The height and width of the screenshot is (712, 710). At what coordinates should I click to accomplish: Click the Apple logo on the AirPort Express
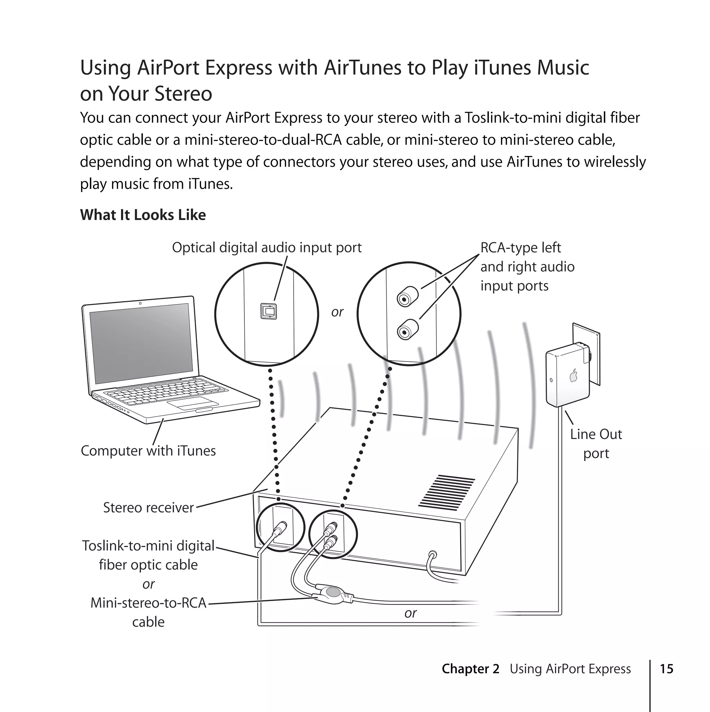[x=573, y=376]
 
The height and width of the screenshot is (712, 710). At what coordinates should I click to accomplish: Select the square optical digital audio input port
[x=268, y=311]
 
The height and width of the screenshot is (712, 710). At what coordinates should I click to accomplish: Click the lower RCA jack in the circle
[x=407, y=330]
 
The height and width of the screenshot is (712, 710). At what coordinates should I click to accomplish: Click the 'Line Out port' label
[x=596, y=444]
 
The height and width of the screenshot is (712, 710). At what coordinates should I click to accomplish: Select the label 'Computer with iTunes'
[x=148, y=451]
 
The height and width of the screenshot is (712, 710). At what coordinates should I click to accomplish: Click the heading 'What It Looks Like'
[x=143, y=215]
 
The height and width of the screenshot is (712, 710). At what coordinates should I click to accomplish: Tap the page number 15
[x=666, y=669]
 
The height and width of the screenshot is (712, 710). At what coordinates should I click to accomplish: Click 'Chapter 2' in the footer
[x=470, y=669]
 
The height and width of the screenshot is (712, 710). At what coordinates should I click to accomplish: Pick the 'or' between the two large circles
[x=337, y=312]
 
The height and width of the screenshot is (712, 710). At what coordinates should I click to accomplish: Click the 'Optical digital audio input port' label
[x=267, y=248]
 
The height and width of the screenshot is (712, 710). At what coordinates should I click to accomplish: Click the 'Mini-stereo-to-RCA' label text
[x=148, y=603]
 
